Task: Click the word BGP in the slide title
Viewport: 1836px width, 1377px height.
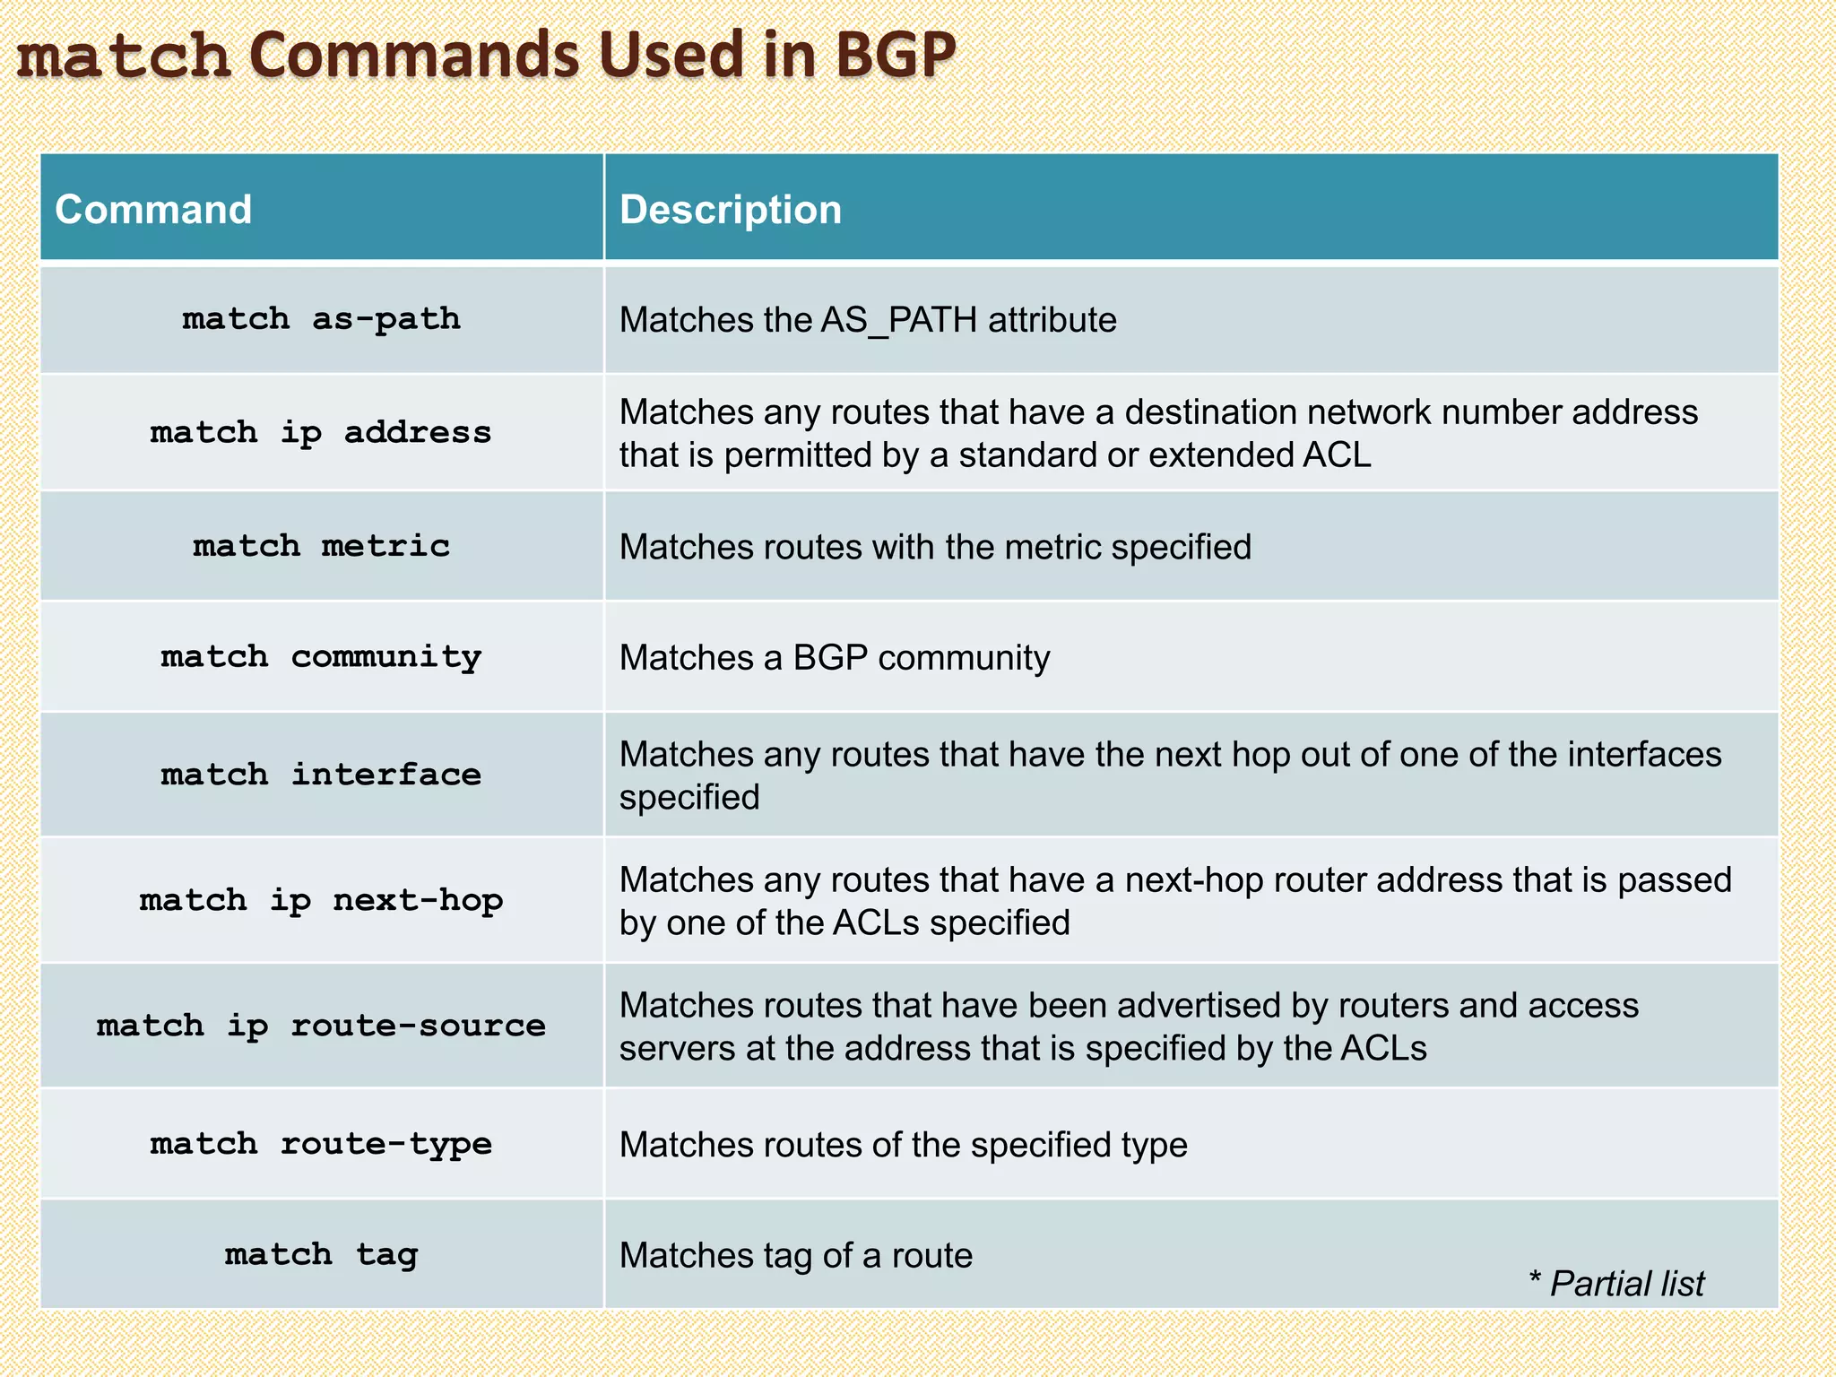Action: [896, 56]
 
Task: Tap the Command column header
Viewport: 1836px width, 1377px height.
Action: [153, 210]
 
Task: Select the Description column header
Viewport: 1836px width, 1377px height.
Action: [731, 210]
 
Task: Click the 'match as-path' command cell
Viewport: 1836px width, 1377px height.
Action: [321, 319]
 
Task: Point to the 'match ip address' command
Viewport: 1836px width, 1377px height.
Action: [321, 433]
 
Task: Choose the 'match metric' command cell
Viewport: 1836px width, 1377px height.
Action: [321, 546]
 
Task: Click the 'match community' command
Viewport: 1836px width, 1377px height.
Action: [321, 657]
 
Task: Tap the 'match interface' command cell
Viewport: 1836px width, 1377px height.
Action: [321, 775]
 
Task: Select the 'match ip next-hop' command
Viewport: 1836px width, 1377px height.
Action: [321, 900]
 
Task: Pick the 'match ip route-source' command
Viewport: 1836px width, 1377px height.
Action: [321, 1026]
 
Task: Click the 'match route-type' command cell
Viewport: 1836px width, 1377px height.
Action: [321, 1144]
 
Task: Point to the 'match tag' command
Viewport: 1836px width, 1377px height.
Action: [321, 1254]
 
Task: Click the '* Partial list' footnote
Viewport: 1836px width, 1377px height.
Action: [1616, 1284]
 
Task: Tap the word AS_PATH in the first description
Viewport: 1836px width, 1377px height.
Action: [898, 320]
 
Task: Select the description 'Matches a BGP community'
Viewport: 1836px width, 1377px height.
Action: [834, 658]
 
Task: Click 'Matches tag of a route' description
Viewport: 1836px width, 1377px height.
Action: [795, 1255]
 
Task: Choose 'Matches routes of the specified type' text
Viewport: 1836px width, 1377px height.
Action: [903, 1145]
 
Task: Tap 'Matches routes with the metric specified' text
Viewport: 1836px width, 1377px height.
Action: [935, 547]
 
